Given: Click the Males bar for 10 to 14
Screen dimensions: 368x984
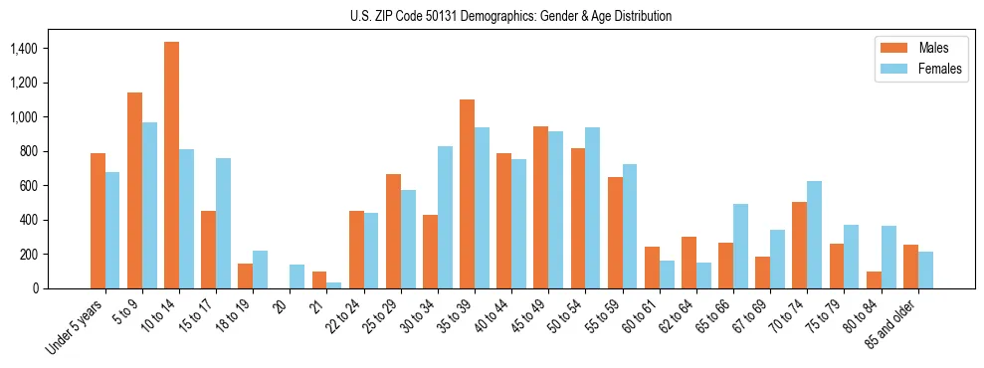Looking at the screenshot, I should click(x=171, y=165).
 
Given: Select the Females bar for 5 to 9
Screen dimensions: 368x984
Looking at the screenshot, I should click(x=149, y=206).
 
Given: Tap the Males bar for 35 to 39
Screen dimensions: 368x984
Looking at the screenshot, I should click(x=467, y=194).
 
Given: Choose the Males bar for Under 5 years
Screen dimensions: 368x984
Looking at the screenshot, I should click(x=98, y=221).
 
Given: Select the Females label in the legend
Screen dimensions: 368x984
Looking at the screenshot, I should click(x=940, y=70).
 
